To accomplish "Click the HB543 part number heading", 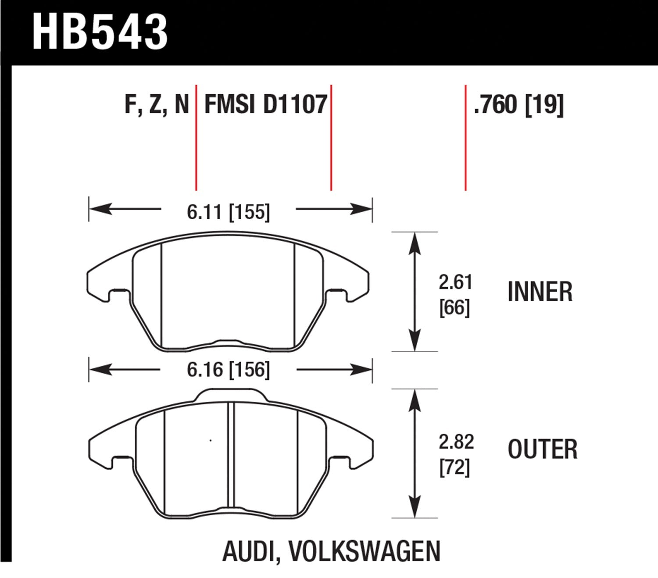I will [x=100, y=32].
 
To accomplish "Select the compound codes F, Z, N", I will [x=157, y=104].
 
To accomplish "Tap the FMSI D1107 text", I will [x=266, y=104].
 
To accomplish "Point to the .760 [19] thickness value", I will [x=519, y=104].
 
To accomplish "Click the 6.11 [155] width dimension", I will [x=228, y=212].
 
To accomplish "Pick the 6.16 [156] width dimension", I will [x=228, y=370].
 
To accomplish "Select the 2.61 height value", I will [x=455, y=282].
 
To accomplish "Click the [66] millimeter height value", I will [x=454, y=307].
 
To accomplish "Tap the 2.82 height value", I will [x=456, y=442].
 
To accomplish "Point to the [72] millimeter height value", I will [x=454, y=467].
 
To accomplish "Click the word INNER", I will [x=540, y=292].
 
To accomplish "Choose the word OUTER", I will [x=543, y=450].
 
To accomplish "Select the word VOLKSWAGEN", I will [x=365, y=551].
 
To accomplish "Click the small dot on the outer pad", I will [x=211, y=440].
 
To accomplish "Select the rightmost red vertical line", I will [x=465, y=138].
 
